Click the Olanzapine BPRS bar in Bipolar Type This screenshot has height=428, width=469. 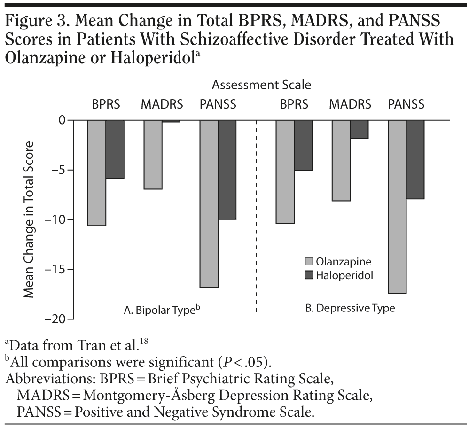coord(97,173)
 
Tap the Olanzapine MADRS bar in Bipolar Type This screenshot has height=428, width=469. coord(153,155)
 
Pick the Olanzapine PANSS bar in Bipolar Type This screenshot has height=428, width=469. coord(209,204)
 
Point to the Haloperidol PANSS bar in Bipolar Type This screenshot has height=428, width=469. coord(227,170)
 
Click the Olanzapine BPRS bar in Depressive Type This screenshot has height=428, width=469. coord(285,172)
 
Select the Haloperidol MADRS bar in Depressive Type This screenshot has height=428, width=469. coord(359,130)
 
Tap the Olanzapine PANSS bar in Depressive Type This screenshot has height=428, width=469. coord(397,207)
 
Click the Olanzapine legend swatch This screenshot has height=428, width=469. coord(309,261)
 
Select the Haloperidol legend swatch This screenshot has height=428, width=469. coord(309,275)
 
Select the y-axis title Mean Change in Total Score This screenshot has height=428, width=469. coord(29,219)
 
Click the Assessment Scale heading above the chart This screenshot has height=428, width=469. coord(262,86)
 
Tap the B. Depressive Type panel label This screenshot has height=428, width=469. coord(350,309)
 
